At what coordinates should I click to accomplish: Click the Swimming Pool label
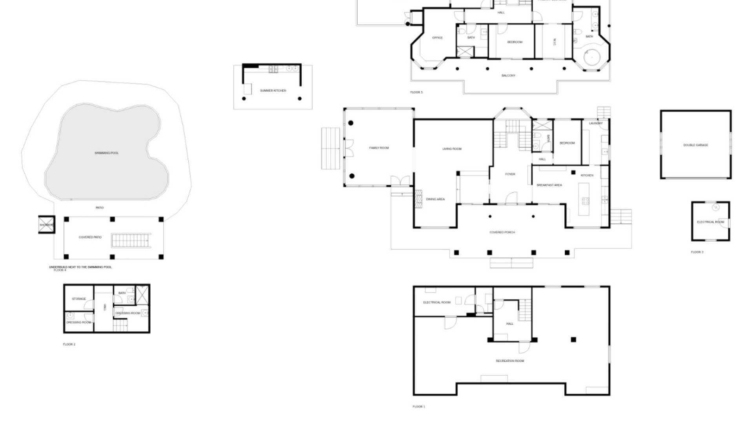(106, 153)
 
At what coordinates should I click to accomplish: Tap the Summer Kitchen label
(273, 91)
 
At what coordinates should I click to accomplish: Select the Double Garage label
(695, 145)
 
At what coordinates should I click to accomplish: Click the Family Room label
(379, 148)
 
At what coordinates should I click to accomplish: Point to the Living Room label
(452, 149)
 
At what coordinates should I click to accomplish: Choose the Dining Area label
(435, 199)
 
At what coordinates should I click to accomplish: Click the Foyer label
(510, 174)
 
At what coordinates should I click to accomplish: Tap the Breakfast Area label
(549, 185)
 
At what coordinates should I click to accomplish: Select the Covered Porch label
(502, 233)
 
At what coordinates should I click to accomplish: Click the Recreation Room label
(509, 361)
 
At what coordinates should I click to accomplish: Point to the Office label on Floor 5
(437, 38)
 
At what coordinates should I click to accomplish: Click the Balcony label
(508, 76)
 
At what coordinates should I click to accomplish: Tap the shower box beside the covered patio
(46, 225)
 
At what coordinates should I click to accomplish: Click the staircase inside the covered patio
(131, 240)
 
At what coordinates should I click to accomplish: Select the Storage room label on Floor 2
(78, 299)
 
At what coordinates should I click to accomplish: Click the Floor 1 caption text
(418, 407)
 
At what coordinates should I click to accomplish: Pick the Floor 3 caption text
(697, 252)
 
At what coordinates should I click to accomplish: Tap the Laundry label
(595, 123)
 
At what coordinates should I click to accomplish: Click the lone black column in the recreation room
(573, 340)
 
